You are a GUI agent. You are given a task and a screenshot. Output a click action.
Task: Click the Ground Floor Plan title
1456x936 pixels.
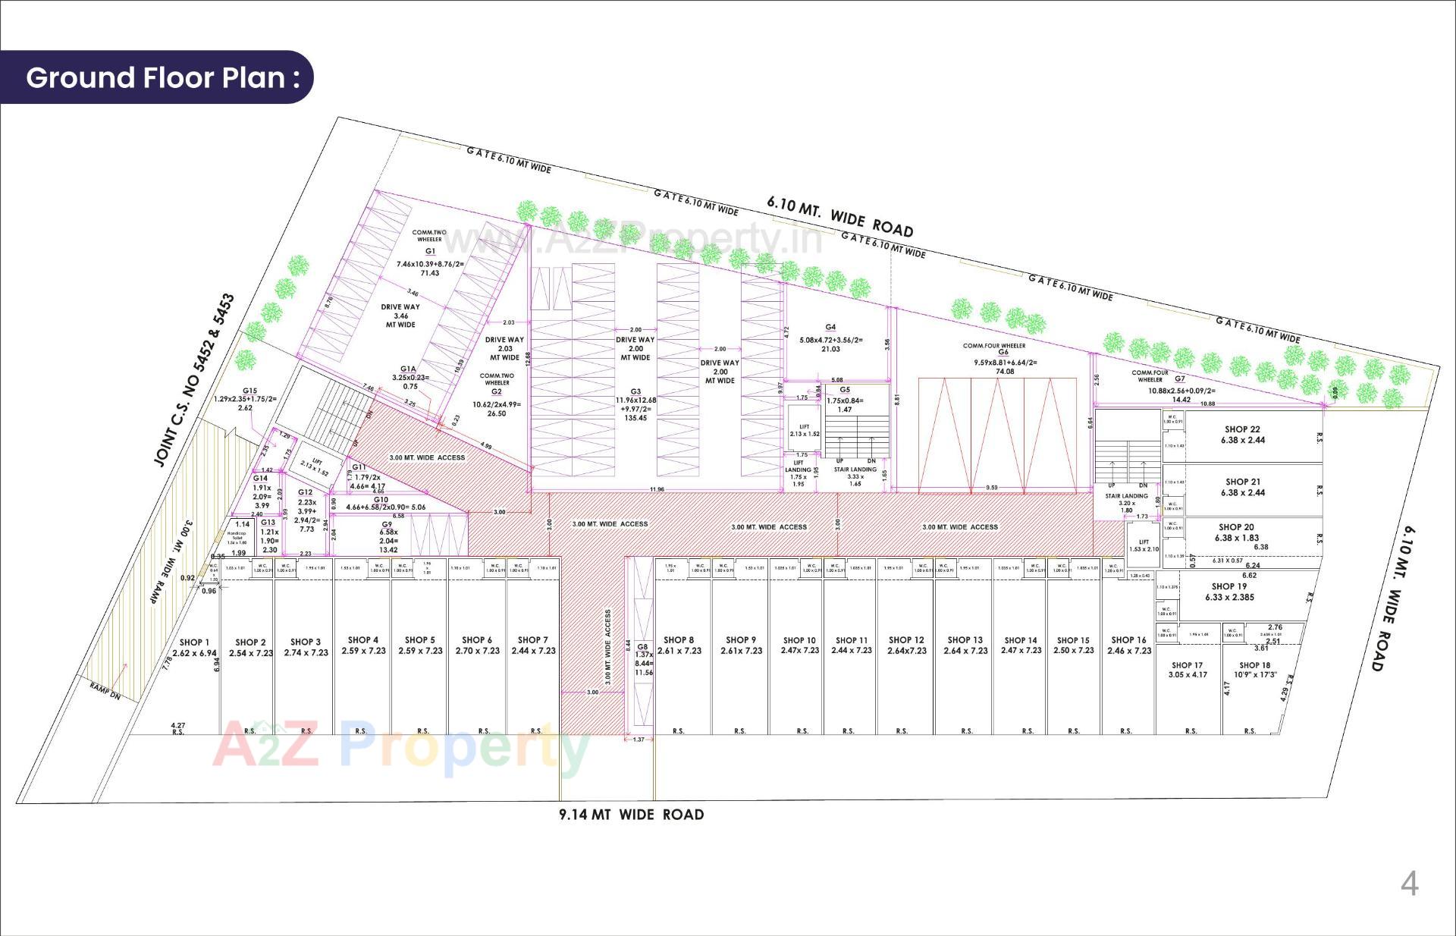[x=162, y=77]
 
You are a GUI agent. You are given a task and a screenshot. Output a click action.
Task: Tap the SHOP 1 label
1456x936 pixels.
[x=194, y=642]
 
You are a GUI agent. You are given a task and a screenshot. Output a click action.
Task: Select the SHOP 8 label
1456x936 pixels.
[x=678, y=640]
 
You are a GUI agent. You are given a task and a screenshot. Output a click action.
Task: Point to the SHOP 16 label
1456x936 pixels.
[x=1128, y=640]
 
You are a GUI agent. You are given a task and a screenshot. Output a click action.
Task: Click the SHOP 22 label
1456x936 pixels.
[x=1242, y=429]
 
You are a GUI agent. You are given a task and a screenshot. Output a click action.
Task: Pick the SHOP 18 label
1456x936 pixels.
[x=1255, y=665]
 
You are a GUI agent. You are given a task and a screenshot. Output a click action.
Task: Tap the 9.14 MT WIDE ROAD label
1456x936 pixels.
[x=631, y=815]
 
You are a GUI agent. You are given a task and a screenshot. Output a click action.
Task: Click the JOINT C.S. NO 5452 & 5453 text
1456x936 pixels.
[x=194, y=380]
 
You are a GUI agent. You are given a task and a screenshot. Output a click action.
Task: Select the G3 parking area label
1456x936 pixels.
[x=635, y=392]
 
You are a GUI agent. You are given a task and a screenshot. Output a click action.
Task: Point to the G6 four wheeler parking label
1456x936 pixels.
[x=1003, y=352]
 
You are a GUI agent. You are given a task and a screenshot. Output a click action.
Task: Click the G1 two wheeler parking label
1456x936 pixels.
[x=430, y=251]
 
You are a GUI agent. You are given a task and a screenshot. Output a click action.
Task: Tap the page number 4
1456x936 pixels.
[x=1409, y=884]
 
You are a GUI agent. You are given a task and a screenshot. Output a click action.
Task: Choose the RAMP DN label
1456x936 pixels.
[x=105, y=691]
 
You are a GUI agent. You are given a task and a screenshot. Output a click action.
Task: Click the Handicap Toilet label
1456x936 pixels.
[x=237, y=536]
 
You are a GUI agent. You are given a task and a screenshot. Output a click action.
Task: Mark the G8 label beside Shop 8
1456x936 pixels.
[x=643, y=647]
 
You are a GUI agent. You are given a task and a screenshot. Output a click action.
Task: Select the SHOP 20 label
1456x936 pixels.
[x=1236, y=527]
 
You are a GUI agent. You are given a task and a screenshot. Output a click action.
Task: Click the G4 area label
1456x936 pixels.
[x=830, y=327]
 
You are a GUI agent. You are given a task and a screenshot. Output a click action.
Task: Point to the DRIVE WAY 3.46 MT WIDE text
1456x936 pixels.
[x=400, y=316]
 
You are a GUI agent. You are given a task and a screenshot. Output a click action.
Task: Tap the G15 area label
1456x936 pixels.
[x=249, y=391]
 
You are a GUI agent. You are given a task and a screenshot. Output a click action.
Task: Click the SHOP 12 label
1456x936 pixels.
[x=906, y=640]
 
